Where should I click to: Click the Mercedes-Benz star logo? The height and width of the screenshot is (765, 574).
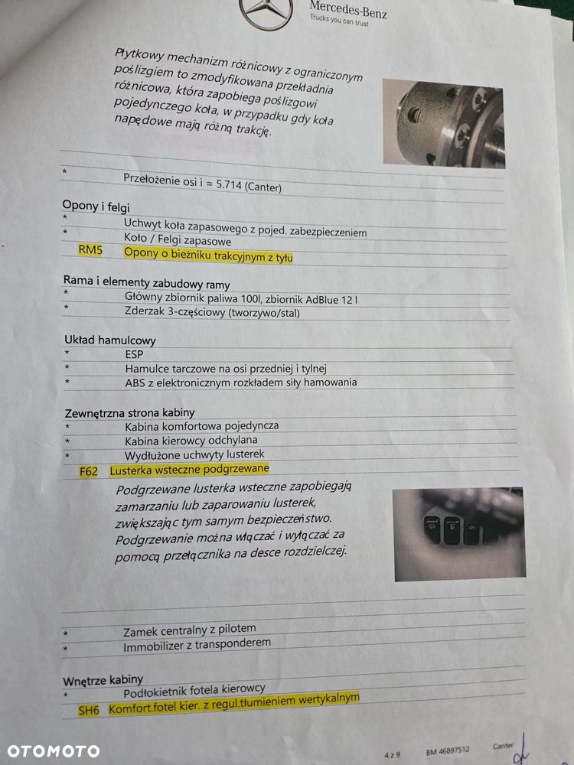(x=266, y=11)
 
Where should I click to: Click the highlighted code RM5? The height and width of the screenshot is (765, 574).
(x=90, y=250)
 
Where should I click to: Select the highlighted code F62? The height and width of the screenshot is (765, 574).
(x=88, y=471)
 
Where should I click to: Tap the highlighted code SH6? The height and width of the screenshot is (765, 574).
(x=88, y=711)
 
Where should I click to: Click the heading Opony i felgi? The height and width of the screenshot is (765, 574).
(x=96, y=207)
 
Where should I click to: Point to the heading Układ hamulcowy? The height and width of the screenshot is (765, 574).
(x=109, y=340)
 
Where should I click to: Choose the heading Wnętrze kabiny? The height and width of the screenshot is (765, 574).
(x=103, y=680)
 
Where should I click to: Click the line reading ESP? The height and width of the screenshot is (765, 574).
(x=134, y=354)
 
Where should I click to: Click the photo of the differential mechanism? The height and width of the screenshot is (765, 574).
(x=444, y=124)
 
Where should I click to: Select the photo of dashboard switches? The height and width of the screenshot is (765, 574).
(x=458, y=534)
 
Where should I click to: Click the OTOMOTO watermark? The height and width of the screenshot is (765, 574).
(x=54, y=751)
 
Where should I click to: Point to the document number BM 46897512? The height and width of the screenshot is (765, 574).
(x=448, y=750)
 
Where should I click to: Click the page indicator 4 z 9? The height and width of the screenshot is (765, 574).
(x=392, y=755)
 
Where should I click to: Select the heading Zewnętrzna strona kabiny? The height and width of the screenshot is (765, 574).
(x=129, y=413)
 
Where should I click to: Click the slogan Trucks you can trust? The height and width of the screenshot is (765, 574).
(x=339, y=20)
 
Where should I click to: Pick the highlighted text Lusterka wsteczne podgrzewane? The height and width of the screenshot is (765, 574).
(x=189, y=470)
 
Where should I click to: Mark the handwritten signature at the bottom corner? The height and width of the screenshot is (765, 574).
(x=520, y=750)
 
